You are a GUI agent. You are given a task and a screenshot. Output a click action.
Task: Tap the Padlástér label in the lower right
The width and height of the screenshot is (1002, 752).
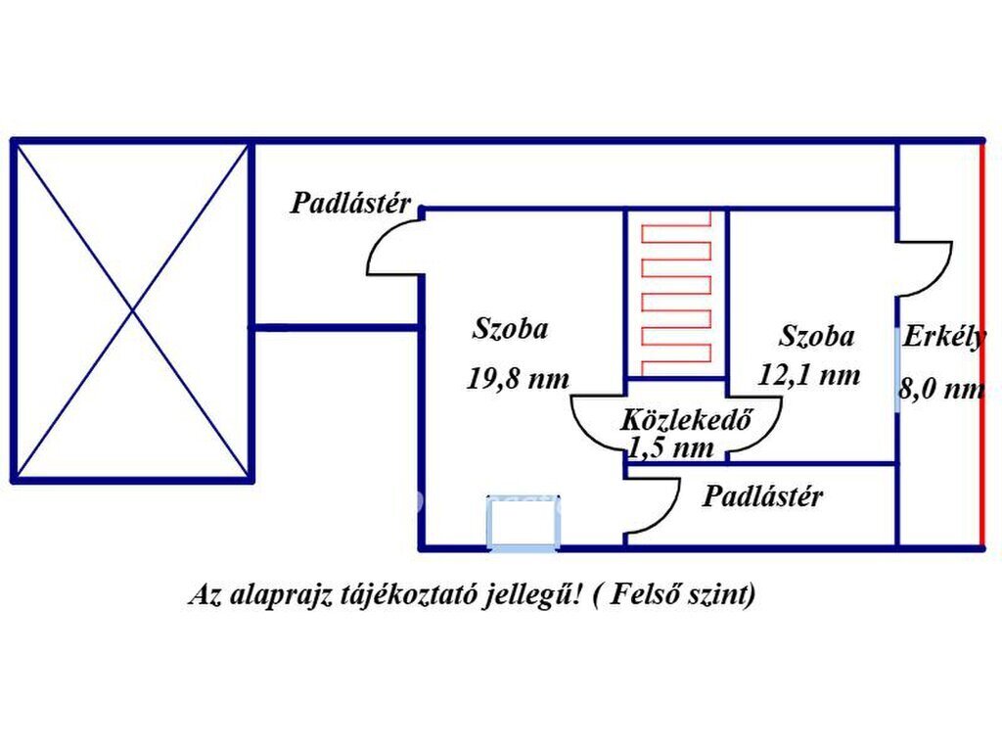tap(762, 496)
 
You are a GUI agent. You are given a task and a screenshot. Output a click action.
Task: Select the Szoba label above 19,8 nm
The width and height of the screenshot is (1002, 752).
tap(510, 329)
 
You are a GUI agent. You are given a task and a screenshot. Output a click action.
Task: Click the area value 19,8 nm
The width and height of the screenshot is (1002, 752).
tap(518, 379)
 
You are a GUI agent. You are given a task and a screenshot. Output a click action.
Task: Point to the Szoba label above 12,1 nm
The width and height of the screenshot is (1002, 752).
tap(816, 337)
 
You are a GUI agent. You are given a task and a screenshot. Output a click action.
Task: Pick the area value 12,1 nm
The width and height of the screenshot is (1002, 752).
tap(809, 374)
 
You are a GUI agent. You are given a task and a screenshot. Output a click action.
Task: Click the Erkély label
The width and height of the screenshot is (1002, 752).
tap(943, 337)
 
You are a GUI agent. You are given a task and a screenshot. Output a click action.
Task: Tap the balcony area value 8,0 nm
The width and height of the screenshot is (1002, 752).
tap(941, 389)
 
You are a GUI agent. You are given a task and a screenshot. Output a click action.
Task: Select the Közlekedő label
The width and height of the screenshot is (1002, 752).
tap(685, 421)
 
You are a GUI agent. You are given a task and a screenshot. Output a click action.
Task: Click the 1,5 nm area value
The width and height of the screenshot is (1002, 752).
tap(671, 448)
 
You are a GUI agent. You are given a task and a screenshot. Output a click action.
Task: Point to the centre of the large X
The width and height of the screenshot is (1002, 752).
tap(133, 311)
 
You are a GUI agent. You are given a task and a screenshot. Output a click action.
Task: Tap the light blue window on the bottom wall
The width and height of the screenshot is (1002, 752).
tap(524, 522)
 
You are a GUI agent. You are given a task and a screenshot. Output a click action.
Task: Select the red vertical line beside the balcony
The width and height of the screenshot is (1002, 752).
tap(980, 343)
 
